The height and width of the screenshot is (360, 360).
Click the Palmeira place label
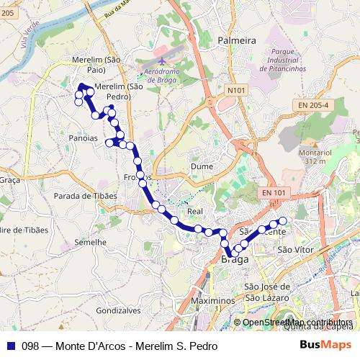(x=237, y=41)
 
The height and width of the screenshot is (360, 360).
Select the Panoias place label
(x=83, y=138)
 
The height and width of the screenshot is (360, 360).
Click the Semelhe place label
(x=90, y=243)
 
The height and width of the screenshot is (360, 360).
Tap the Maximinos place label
(x=215, y=300)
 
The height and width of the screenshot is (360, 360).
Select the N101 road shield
(x=235, y=90)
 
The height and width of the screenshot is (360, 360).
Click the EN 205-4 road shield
(x=312, y=105)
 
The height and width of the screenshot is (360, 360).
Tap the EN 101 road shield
(x=274, y=192)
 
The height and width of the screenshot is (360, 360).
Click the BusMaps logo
(x=325, y=345)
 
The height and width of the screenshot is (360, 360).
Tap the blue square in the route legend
(x=10, y=346)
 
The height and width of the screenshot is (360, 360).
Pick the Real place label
(x=195, y=212)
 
